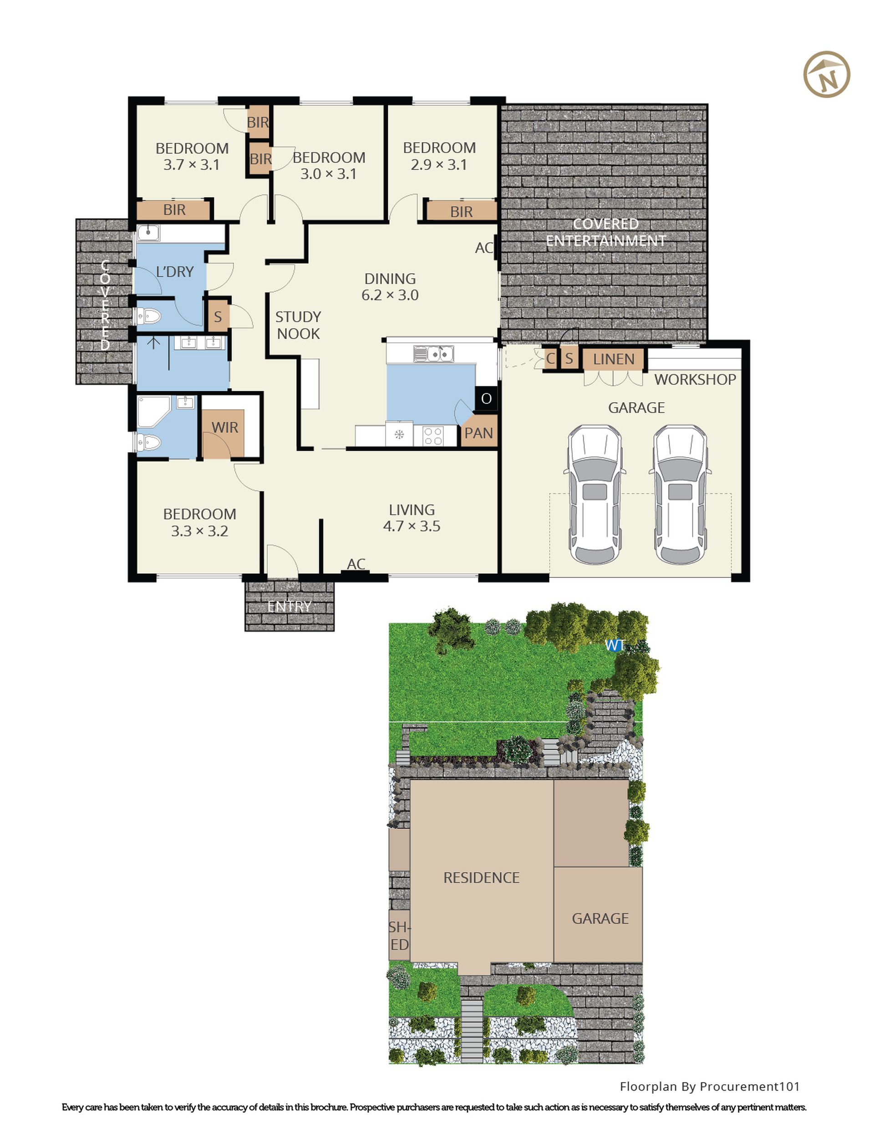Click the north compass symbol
[x=826, y=74]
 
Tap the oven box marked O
[x=486, y=398]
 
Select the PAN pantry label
[x=478, y=433]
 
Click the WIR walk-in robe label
[x=224, y=427]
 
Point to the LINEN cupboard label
[x=614, y=359]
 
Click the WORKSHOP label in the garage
[x=695, y=379]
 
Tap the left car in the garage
[x=595, y=495]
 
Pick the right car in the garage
[x=680, y=495]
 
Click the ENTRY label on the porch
[x=289, y=606]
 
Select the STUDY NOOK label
[x=298, y=325]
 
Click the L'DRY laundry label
[x=175, y=271]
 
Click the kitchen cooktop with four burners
[x=432, y=435]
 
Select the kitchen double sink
[x=434, y=354]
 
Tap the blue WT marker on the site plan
[x=614, y=645]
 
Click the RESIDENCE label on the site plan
[x=481, y=877]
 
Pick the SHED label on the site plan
[x=399, y=936]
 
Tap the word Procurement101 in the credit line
[x=750, y=1086]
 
